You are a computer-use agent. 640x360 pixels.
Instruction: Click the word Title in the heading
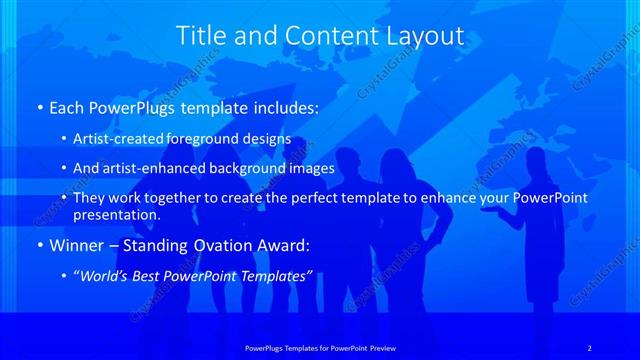199,36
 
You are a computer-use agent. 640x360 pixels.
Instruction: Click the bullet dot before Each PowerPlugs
39,106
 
